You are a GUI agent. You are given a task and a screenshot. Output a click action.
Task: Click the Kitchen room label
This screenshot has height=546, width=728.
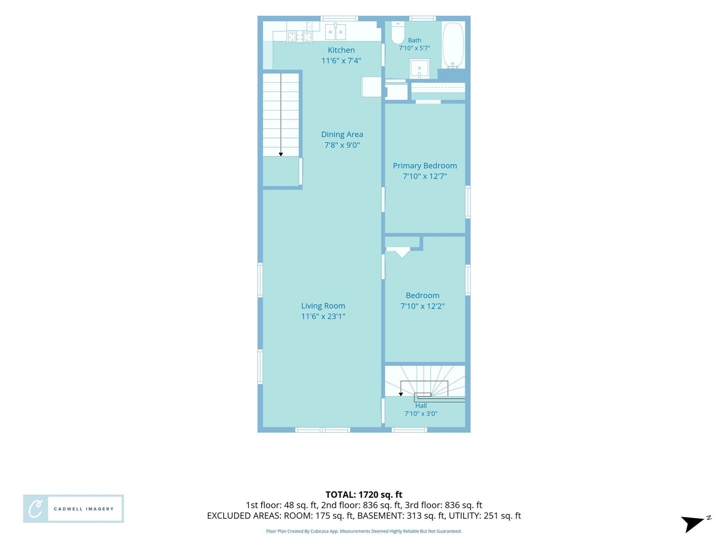[x=341, y=50]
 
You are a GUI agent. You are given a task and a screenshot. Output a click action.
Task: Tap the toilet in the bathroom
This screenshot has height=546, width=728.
[x=398, y=33]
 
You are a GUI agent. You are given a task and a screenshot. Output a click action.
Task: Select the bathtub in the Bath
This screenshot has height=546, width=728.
[x=453, y=45]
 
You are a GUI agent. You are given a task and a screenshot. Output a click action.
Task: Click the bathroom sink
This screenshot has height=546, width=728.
[x=419, y=69]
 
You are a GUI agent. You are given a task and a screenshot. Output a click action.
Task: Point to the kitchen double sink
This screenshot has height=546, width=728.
[x=336, y=32]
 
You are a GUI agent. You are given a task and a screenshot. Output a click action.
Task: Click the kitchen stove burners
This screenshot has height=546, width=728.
[x=299, y=37]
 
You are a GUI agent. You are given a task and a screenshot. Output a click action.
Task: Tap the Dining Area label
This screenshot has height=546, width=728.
[x=342, y=134]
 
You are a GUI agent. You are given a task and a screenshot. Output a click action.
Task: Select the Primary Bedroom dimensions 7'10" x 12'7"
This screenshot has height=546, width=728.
[x=425, y=176]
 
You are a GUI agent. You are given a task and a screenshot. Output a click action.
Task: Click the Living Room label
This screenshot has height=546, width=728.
[x=323, y=306]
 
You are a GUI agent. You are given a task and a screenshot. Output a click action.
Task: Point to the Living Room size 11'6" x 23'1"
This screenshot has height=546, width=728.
[x=323, y=316]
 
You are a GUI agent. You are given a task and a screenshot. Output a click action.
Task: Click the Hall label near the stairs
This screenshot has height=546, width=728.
[x=421, y=406]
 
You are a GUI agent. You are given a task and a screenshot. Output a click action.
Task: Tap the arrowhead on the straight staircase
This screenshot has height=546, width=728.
[x=281, y=154]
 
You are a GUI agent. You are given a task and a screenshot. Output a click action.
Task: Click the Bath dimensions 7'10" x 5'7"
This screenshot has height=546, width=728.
[x=414, y=48]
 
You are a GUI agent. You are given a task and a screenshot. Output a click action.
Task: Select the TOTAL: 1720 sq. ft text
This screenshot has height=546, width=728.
[x=364, y=494]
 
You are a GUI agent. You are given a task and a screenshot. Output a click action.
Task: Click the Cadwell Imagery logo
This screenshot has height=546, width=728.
[x=74, y=509]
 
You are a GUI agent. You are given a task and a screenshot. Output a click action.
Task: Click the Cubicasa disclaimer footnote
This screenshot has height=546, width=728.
[x=364, y=531]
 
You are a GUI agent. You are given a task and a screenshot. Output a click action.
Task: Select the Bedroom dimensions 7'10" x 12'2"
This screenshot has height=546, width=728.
[x=423, y=306]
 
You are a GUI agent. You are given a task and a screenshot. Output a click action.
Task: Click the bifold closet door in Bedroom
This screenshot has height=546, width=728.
[x=402, y=254]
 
